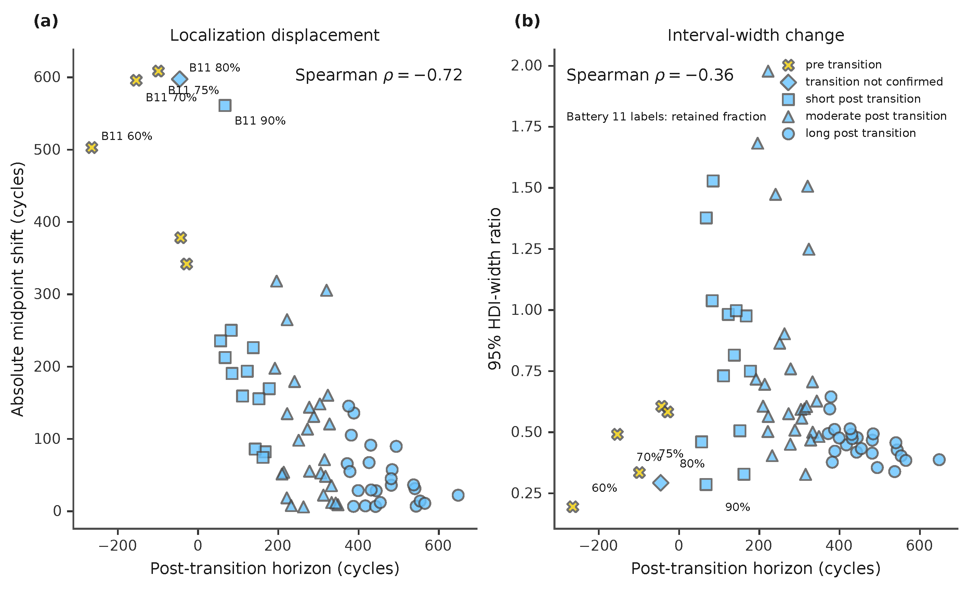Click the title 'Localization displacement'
click(275, 35)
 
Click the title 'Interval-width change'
click(756, 35)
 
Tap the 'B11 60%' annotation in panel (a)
click(127, 136)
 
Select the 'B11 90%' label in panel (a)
click(260, 121)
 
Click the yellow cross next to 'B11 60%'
click(92, 148)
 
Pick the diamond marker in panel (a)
click(180, 79)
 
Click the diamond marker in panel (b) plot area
click(661, 482)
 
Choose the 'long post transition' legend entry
click(860, 133)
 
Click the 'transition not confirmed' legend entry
click(874, 82)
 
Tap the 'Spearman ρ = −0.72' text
click(379, 75)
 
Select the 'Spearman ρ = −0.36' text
click(650, 75)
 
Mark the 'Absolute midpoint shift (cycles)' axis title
click(18, 289)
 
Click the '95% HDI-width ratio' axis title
click(495, 289)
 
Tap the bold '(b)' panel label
click(527, 21)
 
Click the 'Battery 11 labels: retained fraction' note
click(666, 116)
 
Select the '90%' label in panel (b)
click(737, 507)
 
